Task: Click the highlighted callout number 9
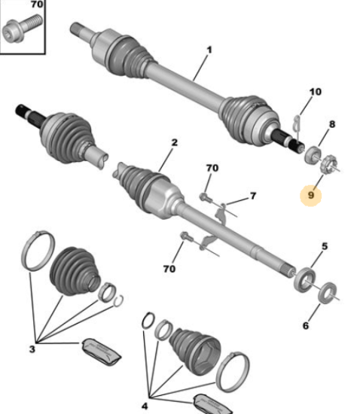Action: pos(311,195)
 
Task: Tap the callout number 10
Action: pos(316,92)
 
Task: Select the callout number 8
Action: pos(332,124)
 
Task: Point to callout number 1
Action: pos(209,50)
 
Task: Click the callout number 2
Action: pos(175,142)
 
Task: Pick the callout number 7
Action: pos(253,196)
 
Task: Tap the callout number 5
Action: pos(325,246)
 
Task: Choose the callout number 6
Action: pos(306,325)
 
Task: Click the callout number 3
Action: pos(32,349)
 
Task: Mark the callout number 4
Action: pos(145,406)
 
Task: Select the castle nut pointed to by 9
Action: pos(329,164)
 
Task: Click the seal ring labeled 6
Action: pos(328,293)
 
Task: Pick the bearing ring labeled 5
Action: pos(304,280)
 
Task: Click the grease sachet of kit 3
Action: pos(102,352)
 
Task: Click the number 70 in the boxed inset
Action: pos(37,5)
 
